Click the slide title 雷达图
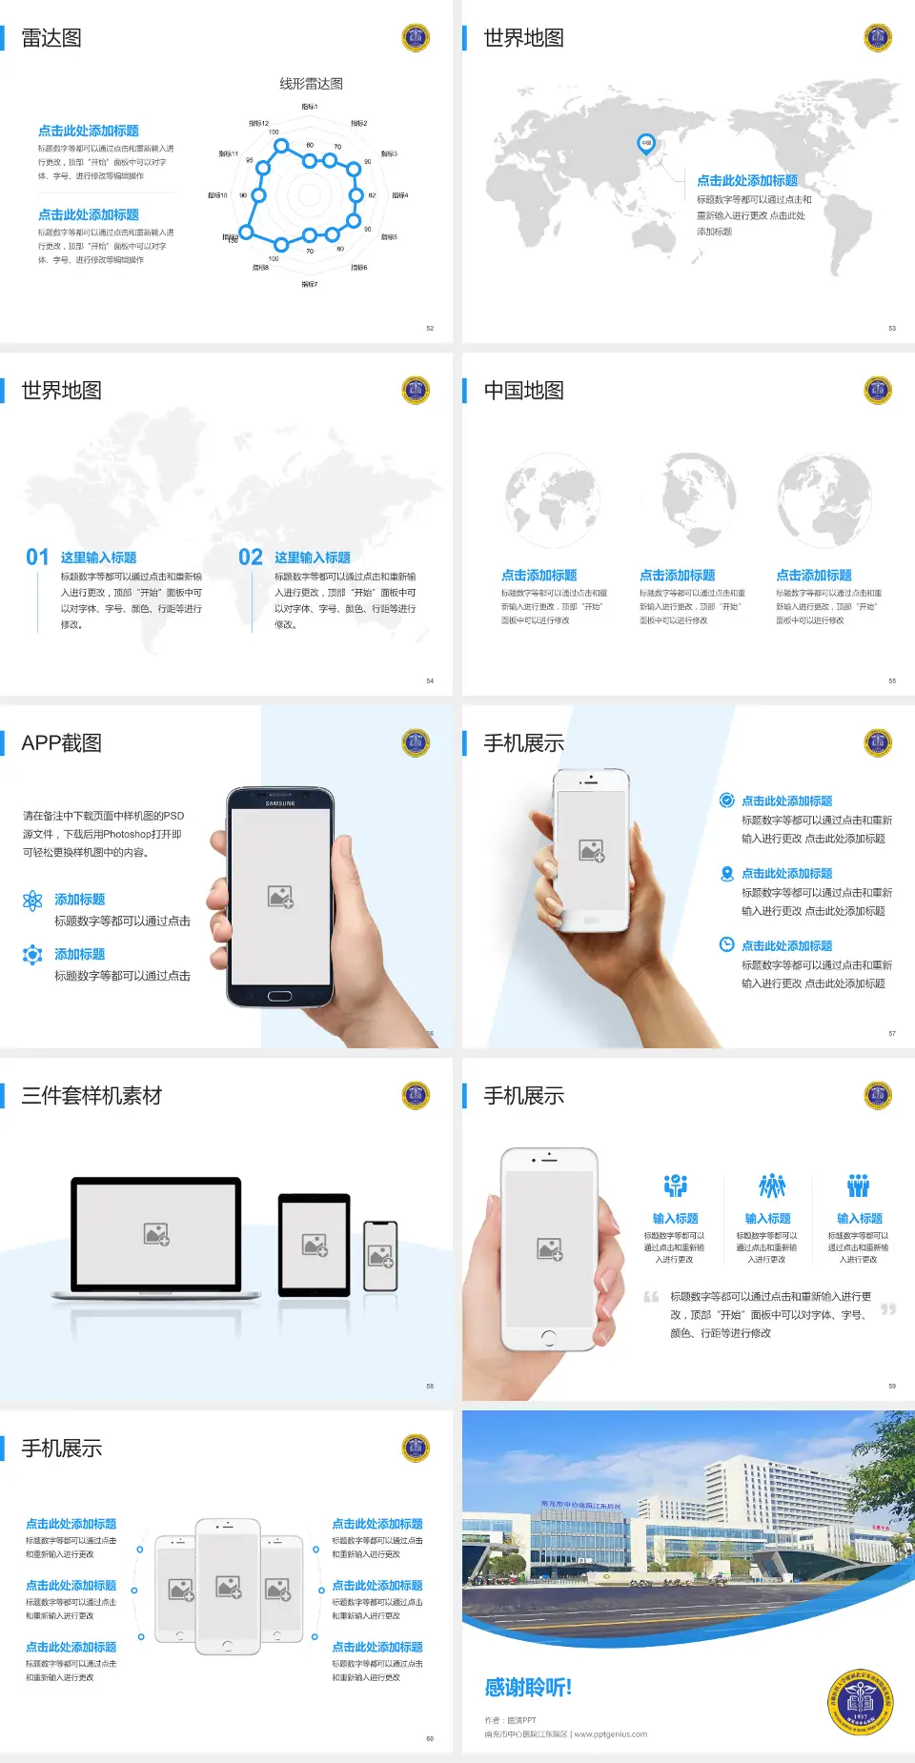click(51, 38)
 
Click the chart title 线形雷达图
click(311, 84)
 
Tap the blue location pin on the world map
click(646, 144)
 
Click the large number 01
click(37, 557)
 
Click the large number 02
click(251, 557)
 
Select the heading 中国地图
click(523, 391)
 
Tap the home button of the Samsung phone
click(279, 996)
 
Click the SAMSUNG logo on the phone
click(280, 803)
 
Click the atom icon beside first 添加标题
click(32, 901)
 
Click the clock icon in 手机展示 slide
click(726, 944)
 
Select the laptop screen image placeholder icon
click(156, 1234)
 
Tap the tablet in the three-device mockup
click(315, 1244)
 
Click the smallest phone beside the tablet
click(380, 1256)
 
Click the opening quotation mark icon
click(651, 1297)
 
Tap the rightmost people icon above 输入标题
click(859, 1185)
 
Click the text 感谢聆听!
click(528, 1688)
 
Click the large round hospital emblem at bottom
click(860, 1702)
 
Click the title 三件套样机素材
click(91, 1096)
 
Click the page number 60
click(430, 1738)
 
